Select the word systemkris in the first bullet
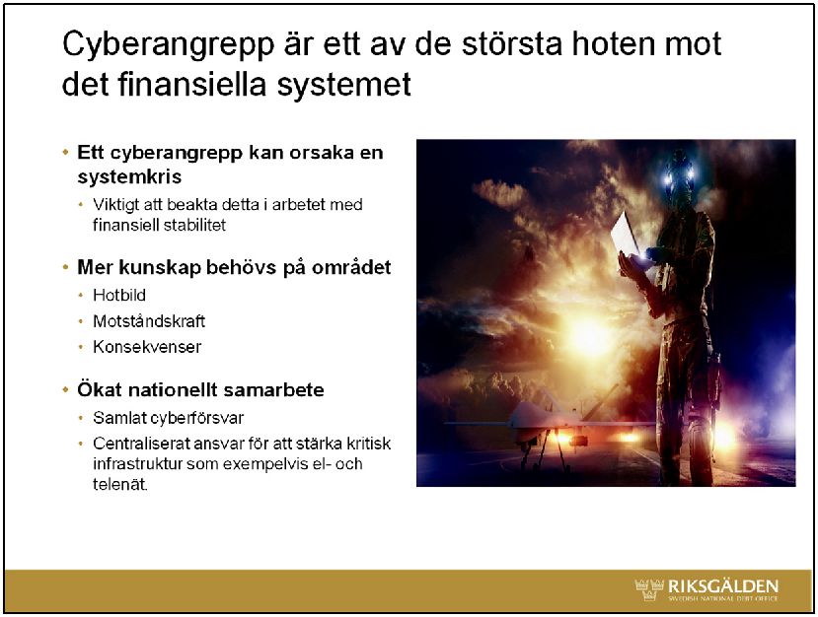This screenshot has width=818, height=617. coord(129,176)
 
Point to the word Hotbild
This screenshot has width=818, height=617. coord(119,295)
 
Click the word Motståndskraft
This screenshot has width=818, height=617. coord(149,321)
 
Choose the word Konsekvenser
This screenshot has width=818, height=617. coord(147,347)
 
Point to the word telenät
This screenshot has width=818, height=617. coord(120,484)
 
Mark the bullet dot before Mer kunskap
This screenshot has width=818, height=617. coord(66,267)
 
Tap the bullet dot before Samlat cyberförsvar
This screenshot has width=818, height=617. coord(81,418)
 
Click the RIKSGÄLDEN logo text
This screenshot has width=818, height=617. coord(723,585)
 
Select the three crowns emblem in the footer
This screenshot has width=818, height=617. coord(649,588)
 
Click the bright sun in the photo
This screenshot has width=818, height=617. coord(587,333)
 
